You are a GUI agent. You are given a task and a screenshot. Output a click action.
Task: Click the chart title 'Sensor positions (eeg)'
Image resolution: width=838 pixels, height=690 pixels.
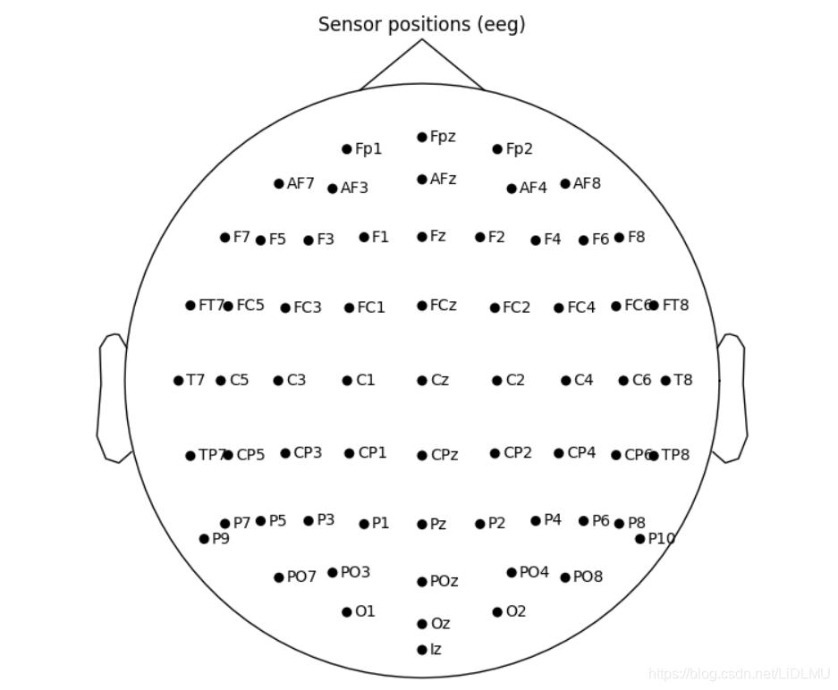421,24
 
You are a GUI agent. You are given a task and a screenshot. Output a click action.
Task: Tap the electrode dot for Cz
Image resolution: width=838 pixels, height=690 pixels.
422,381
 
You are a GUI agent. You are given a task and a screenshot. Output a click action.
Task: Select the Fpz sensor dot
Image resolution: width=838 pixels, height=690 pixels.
422,137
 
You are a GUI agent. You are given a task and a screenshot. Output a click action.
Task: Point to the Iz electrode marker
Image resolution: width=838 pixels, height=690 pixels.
422,650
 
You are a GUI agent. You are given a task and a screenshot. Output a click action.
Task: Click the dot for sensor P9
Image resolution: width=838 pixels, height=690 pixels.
204,539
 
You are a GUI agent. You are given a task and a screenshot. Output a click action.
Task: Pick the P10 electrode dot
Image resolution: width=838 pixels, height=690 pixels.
640,539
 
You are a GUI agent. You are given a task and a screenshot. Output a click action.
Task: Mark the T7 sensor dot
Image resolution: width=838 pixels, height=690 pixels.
178,381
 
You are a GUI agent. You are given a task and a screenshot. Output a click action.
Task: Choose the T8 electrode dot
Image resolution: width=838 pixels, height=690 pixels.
665,381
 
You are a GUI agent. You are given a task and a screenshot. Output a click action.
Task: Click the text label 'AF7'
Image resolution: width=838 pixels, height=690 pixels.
300,183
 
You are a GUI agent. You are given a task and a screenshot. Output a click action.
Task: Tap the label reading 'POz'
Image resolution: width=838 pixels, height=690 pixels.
444,581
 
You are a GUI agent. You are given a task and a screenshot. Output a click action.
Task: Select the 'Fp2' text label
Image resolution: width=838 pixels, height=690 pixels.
519,149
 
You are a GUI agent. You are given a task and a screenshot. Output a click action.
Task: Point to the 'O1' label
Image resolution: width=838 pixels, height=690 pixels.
365,611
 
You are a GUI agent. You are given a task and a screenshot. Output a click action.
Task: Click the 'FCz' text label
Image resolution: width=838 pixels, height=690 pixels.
443,305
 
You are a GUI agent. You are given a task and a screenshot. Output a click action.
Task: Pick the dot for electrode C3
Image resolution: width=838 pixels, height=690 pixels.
278,381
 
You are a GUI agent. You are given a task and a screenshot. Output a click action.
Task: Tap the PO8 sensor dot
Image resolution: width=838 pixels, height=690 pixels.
565,577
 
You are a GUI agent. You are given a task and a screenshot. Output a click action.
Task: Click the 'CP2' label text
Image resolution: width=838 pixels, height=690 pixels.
517,453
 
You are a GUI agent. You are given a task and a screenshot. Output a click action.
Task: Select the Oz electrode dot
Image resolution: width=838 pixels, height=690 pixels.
422,624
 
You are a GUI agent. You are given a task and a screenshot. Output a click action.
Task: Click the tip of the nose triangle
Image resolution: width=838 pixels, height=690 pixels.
422,39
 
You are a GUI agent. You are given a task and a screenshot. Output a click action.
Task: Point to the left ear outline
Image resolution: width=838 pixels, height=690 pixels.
110,399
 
